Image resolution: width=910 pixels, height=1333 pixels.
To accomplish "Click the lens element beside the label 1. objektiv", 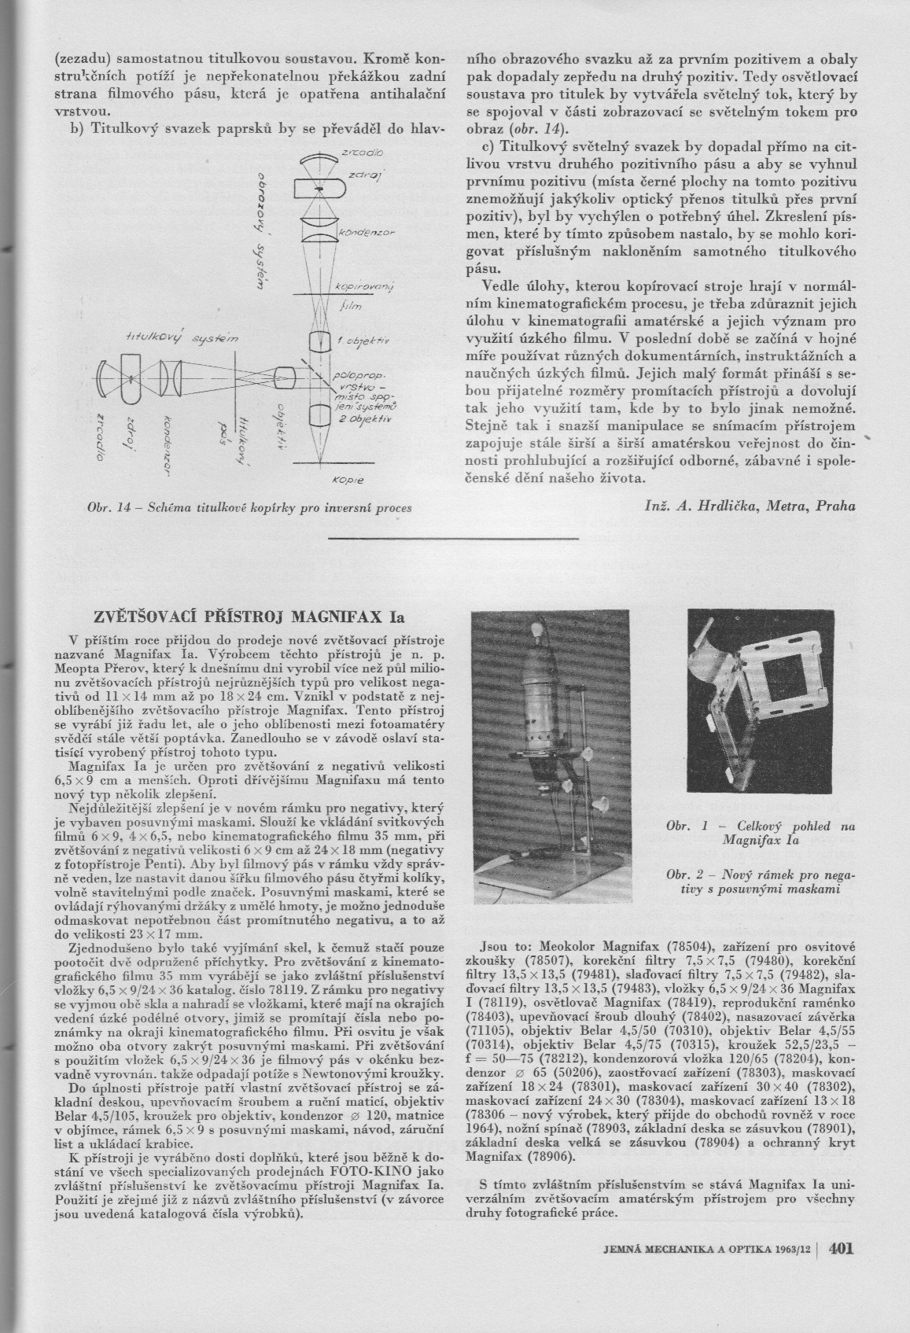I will tap(319, 342).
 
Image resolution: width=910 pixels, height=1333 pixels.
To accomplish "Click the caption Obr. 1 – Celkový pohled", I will tap(760, 833).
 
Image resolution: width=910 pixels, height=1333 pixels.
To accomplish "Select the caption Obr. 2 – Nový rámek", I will tap(760, 882).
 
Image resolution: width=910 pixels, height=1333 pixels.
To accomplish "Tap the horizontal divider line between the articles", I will tap(453, 538).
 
